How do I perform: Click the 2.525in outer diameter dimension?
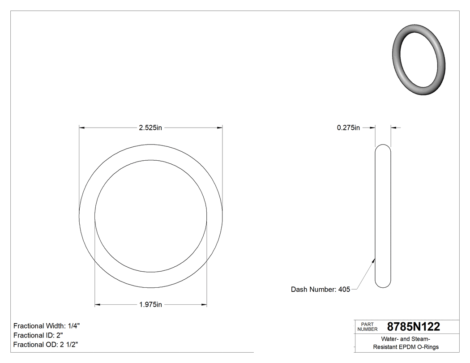pos(150,128)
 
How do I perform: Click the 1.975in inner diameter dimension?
pos(150,305)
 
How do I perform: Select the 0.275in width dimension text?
pos(348,128)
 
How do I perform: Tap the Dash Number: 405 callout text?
pos(320,290)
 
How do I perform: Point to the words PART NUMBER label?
pos(367,327)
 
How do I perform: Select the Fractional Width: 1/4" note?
pos(47,326)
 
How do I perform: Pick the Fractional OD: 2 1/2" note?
pos(47,345)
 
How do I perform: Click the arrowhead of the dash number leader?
pos(374,259)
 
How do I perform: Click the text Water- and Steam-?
pos(406,339)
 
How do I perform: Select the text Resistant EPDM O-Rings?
pos(406,347)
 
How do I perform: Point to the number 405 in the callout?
pos(344,290)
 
